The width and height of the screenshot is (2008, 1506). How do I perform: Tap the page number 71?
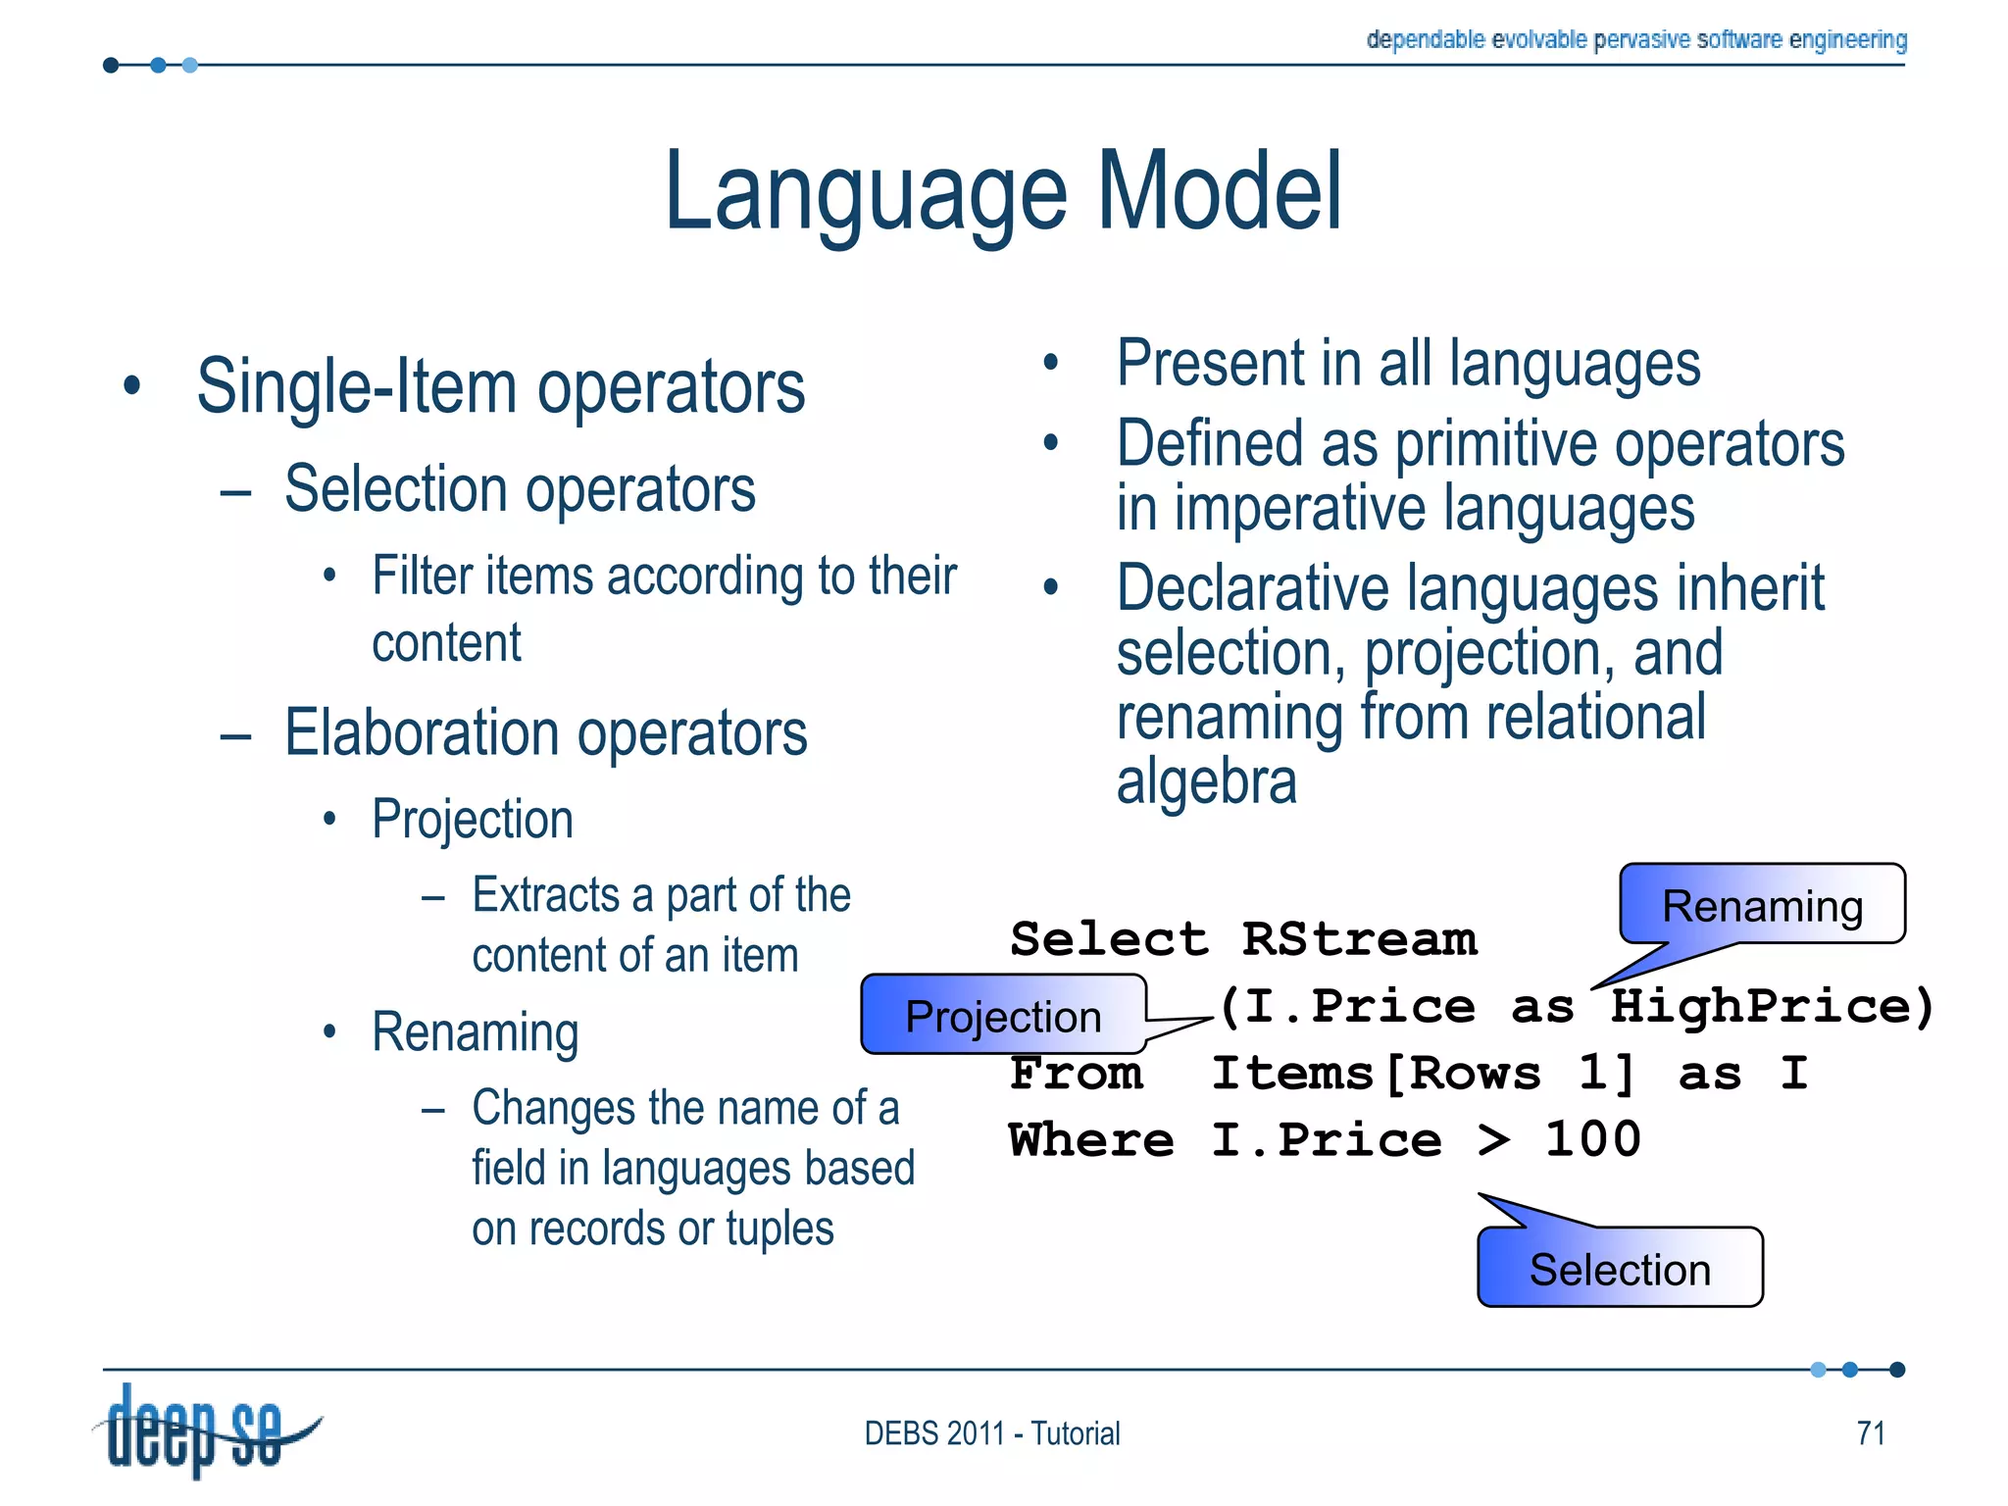click(x=1871, y=1433)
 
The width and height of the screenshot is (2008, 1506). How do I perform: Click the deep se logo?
click(x=201, y=1430)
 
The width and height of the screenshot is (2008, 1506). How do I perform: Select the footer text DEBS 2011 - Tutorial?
click(x=991, y=1433)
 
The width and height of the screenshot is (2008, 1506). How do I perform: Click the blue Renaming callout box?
click(x=1762, y=905)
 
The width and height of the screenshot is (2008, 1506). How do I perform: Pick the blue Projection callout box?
click(x=1003, y=1016)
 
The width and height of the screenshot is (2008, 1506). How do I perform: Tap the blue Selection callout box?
click(x=1620, y=1269)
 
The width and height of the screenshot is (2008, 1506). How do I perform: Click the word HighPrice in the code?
click(x=1771, y=1007)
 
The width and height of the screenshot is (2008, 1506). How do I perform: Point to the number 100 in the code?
click(x=1592, y=1140)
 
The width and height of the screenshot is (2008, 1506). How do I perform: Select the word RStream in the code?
click(x=1359, y=939)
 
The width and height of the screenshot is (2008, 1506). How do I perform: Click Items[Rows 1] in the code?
click(x=1423, y=1074)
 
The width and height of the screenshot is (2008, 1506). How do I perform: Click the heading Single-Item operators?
click(x=500, y=387)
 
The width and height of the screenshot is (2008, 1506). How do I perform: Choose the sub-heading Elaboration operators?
click(x=545, y=733)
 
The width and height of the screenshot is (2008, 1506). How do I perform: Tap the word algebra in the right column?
click(x=1206, y=782)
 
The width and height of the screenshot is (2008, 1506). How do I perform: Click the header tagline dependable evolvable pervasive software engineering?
click(x=1635, y=39)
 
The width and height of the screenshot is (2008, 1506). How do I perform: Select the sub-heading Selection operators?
click(x=520, y=489)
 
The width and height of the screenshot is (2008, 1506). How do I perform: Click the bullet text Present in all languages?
click(x=1408, y=364)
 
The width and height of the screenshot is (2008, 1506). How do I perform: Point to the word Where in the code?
click(x=1090, y=1140)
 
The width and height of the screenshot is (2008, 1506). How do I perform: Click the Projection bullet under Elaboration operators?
click(x=473, y=820)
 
